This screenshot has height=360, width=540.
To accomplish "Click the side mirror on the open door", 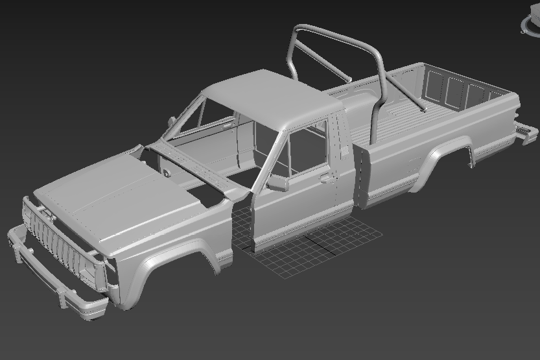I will [x=277, y=183].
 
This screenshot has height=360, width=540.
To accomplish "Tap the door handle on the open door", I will [x=325, y=175].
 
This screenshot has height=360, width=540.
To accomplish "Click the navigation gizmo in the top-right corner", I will [x=530, y=23].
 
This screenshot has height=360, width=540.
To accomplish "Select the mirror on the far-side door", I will [x=171, y=121].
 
